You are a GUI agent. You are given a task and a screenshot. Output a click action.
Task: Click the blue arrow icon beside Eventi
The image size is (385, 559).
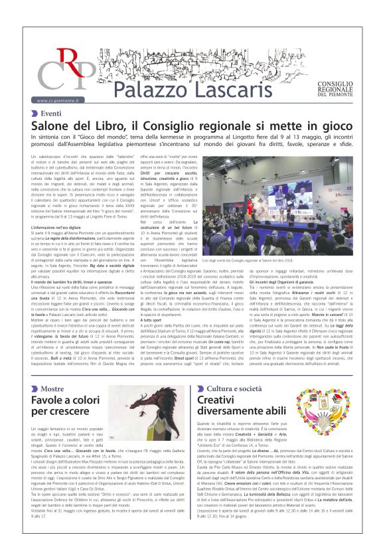click(x=35, y=114)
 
